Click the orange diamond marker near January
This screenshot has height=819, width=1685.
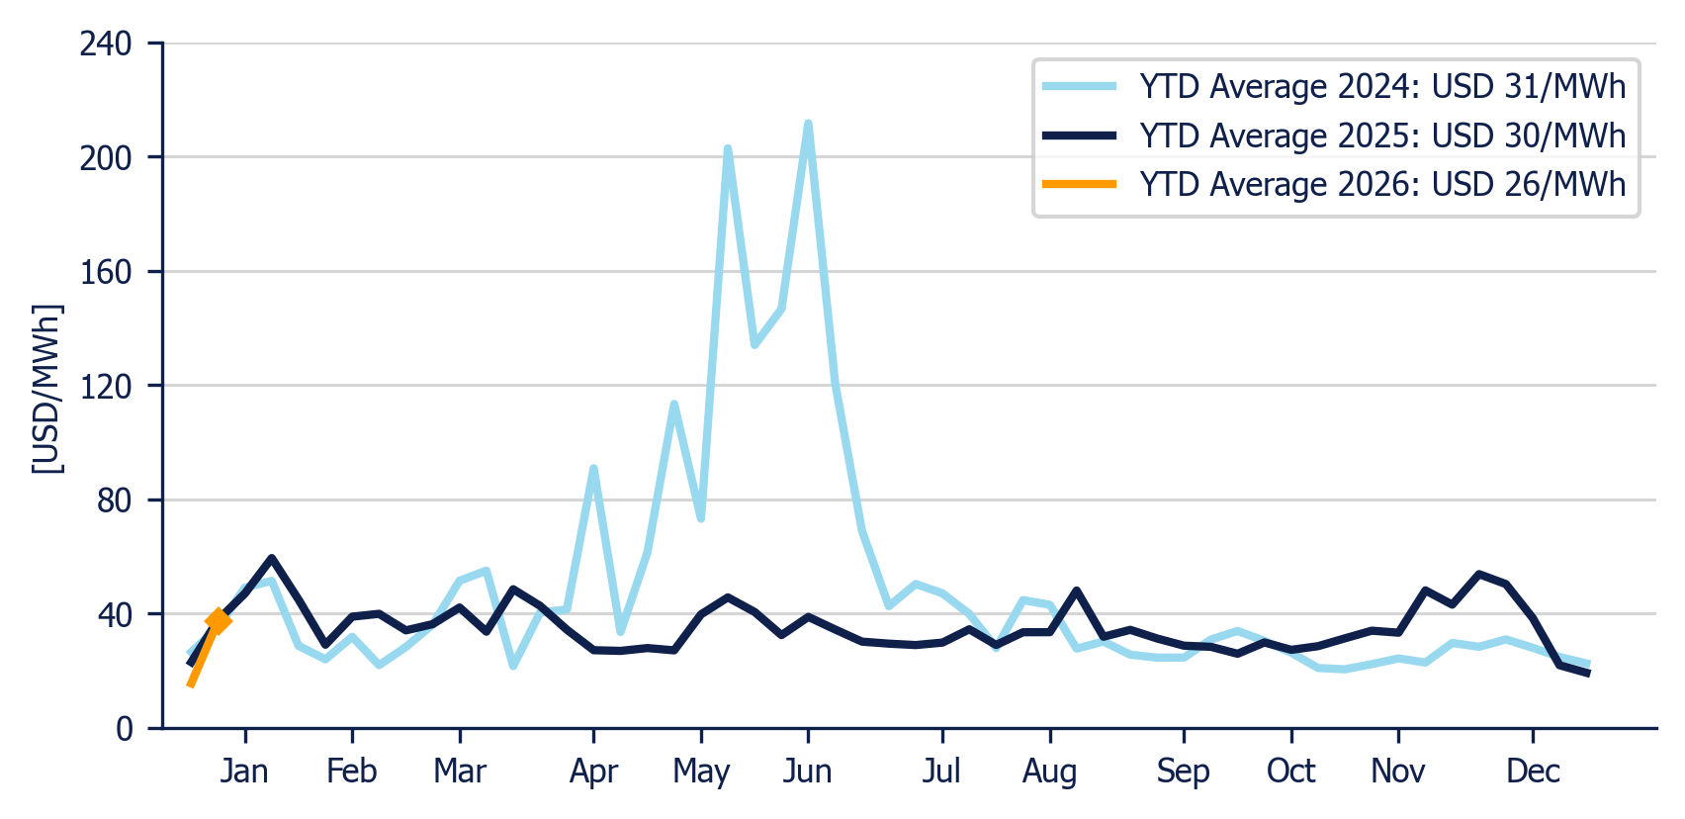219,621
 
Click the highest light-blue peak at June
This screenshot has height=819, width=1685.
808,124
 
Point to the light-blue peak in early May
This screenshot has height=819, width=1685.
728,149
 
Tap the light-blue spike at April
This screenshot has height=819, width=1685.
593,470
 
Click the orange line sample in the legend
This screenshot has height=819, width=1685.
1080,184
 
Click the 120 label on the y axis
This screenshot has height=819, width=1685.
106,386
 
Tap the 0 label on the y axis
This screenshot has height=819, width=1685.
125,729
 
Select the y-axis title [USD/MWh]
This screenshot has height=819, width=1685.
47,389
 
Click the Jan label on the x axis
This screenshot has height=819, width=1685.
244,771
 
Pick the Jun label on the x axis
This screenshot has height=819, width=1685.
807,771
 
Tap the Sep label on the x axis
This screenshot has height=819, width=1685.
1184,771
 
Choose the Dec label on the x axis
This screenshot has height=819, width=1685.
1533,771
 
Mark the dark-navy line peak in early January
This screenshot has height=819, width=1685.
272,559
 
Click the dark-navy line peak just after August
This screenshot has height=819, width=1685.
1077,591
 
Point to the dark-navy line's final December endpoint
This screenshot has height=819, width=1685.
1588,674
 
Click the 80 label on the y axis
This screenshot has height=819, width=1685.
115,500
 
